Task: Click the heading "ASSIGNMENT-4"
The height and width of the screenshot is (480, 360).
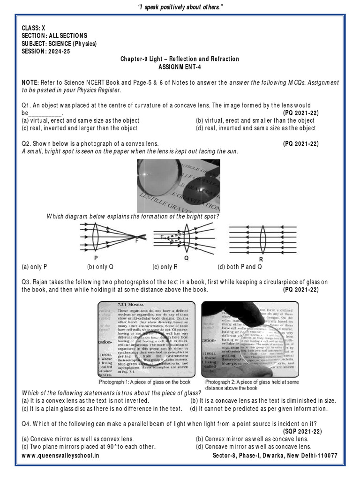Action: pos(180,67)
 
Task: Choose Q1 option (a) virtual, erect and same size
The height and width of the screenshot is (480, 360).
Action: pos(80,120)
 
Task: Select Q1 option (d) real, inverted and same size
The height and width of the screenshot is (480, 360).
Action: pos(255,128)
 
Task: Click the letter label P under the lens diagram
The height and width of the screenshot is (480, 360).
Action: pos(96,258)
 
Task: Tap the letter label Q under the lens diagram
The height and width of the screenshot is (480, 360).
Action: pos(187,258)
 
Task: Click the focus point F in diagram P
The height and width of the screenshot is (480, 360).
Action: pos(137,241)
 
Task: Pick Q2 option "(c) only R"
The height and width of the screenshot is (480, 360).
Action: pos(165,267)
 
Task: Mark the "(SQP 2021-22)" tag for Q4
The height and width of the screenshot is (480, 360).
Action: pos(303,431)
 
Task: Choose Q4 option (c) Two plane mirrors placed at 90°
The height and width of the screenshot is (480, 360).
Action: pos(88,447)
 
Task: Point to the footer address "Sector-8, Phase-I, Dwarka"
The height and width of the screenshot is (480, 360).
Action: pos(275,456)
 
